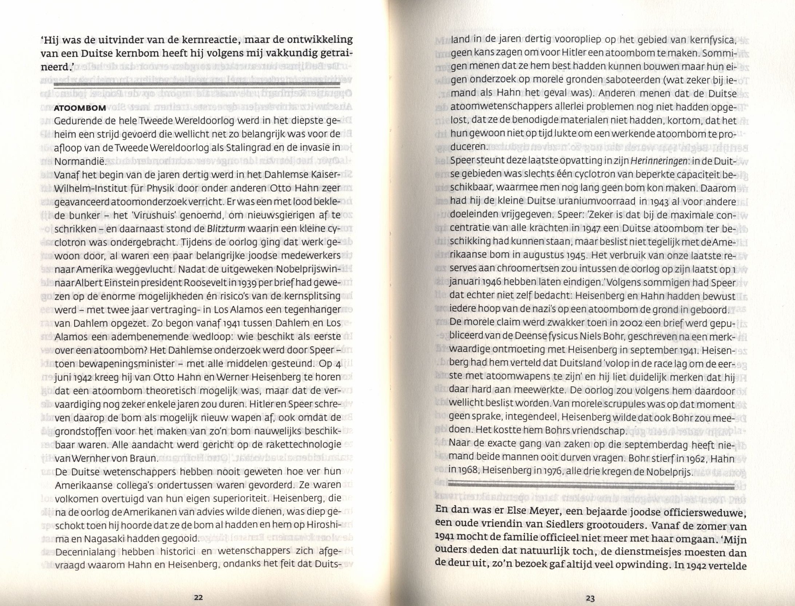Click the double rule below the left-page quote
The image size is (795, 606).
tap(197, 85)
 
